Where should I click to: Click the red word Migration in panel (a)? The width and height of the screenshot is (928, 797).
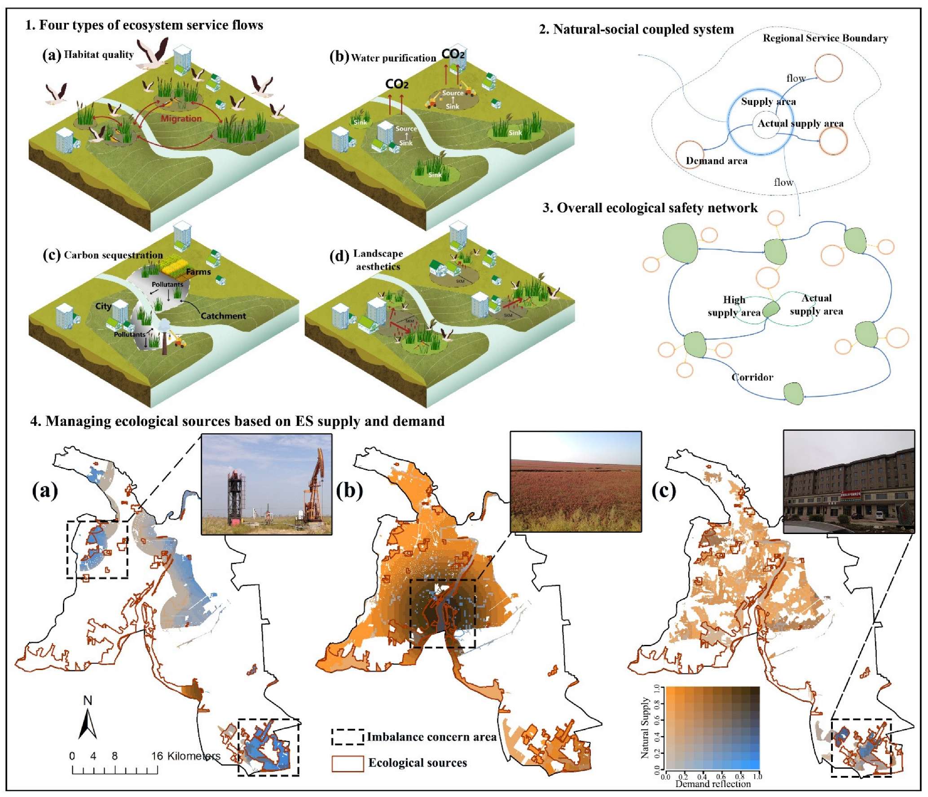coord(181,118)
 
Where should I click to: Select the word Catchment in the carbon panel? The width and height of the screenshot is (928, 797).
coord(223,316)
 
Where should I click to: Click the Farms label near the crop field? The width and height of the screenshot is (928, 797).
coord(198,272)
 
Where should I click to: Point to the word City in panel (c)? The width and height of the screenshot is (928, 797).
coord(103,306)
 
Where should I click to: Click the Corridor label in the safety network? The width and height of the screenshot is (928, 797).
coord(752,377)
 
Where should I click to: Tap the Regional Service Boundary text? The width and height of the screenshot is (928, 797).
coord(825,38)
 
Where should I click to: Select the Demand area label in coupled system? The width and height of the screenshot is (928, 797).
coord(717,161)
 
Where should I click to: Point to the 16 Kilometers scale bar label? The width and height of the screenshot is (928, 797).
coord(185,756)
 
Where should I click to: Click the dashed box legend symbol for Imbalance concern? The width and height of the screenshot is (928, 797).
coord(347,737)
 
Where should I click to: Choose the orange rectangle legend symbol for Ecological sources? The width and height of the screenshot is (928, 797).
coord(347,763)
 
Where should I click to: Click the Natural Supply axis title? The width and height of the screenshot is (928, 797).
coord(645,727)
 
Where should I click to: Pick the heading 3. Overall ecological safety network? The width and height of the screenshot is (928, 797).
coord(650,208)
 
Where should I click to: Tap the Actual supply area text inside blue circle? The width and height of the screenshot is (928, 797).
coord(800,123)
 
